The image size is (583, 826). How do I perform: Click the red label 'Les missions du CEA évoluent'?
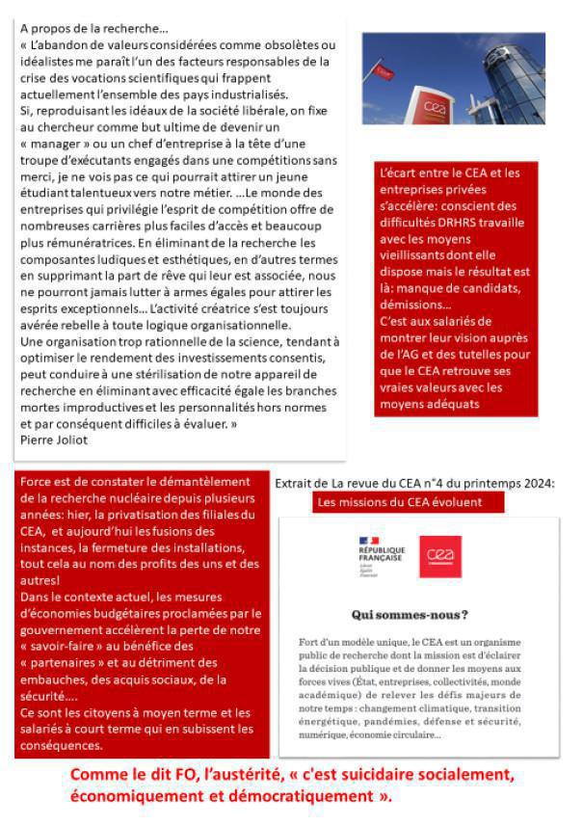[x=398, y=502]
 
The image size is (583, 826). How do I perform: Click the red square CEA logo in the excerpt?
[x=440, y=557]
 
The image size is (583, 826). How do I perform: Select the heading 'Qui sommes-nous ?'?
[x=410, y=614]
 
